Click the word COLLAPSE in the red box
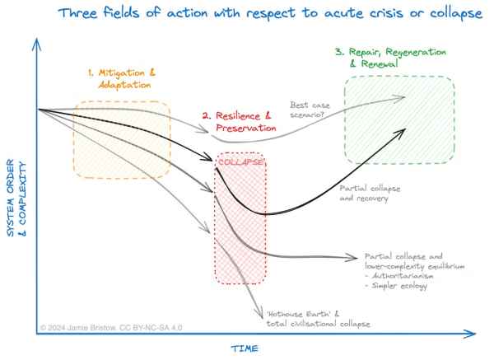(240, 162)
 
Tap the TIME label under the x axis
(245, 348)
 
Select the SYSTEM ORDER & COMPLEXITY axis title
(16, 198)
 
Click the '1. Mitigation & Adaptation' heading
(122, 78)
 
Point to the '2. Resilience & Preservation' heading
(240, 122)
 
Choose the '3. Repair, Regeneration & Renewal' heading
(391, 58)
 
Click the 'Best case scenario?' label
(310, 110)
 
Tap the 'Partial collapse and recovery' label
(370, 194)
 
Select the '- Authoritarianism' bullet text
(399, 276)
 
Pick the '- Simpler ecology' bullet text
(396, 286)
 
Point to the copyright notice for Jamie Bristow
(111, 328)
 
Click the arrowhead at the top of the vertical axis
(37, 44)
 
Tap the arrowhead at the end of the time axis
(469, 334)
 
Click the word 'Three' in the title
(78, 13)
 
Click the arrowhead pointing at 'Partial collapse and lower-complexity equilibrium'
(352, 258)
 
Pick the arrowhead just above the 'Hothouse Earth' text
(260, 314)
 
